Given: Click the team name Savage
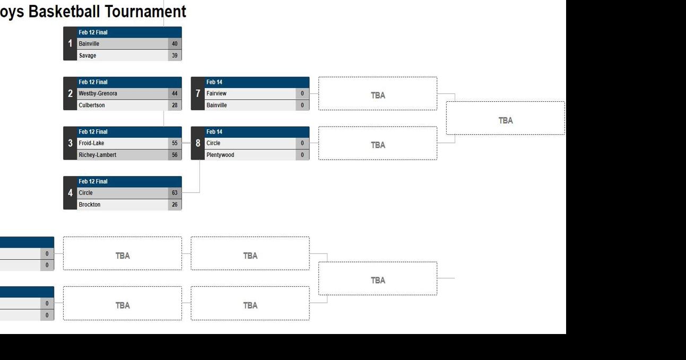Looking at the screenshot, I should click(88, 56).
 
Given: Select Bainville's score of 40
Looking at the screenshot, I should click(175, 44).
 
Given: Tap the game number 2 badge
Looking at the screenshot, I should click(70, 94).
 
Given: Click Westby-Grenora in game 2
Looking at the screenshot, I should click(98, 94).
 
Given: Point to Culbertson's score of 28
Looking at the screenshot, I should click(175, 106).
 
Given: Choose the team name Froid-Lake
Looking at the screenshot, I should click(91, 143).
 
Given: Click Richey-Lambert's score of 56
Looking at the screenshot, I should click(175, 155).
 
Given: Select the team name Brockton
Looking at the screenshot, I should click(90, 205).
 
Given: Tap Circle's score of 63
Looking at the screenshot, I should click(175, 193).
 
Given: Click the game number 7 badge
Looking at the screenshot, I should click(198, 94).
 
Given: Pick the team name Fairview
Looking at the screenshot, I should click(216, 94).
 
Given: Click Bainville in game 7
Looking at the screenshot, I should click(216, 106).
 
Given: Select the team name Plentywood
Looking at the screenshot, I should click(220, 155).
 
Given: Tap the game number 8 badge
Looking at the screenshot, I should click(198, 143).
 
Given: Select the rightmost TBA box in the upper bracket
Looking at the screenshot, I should click(505, 120).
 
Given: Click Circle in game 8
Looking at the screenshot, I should click(213, 143).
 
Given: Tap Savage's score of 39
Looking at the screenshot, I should click(175, 56).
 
